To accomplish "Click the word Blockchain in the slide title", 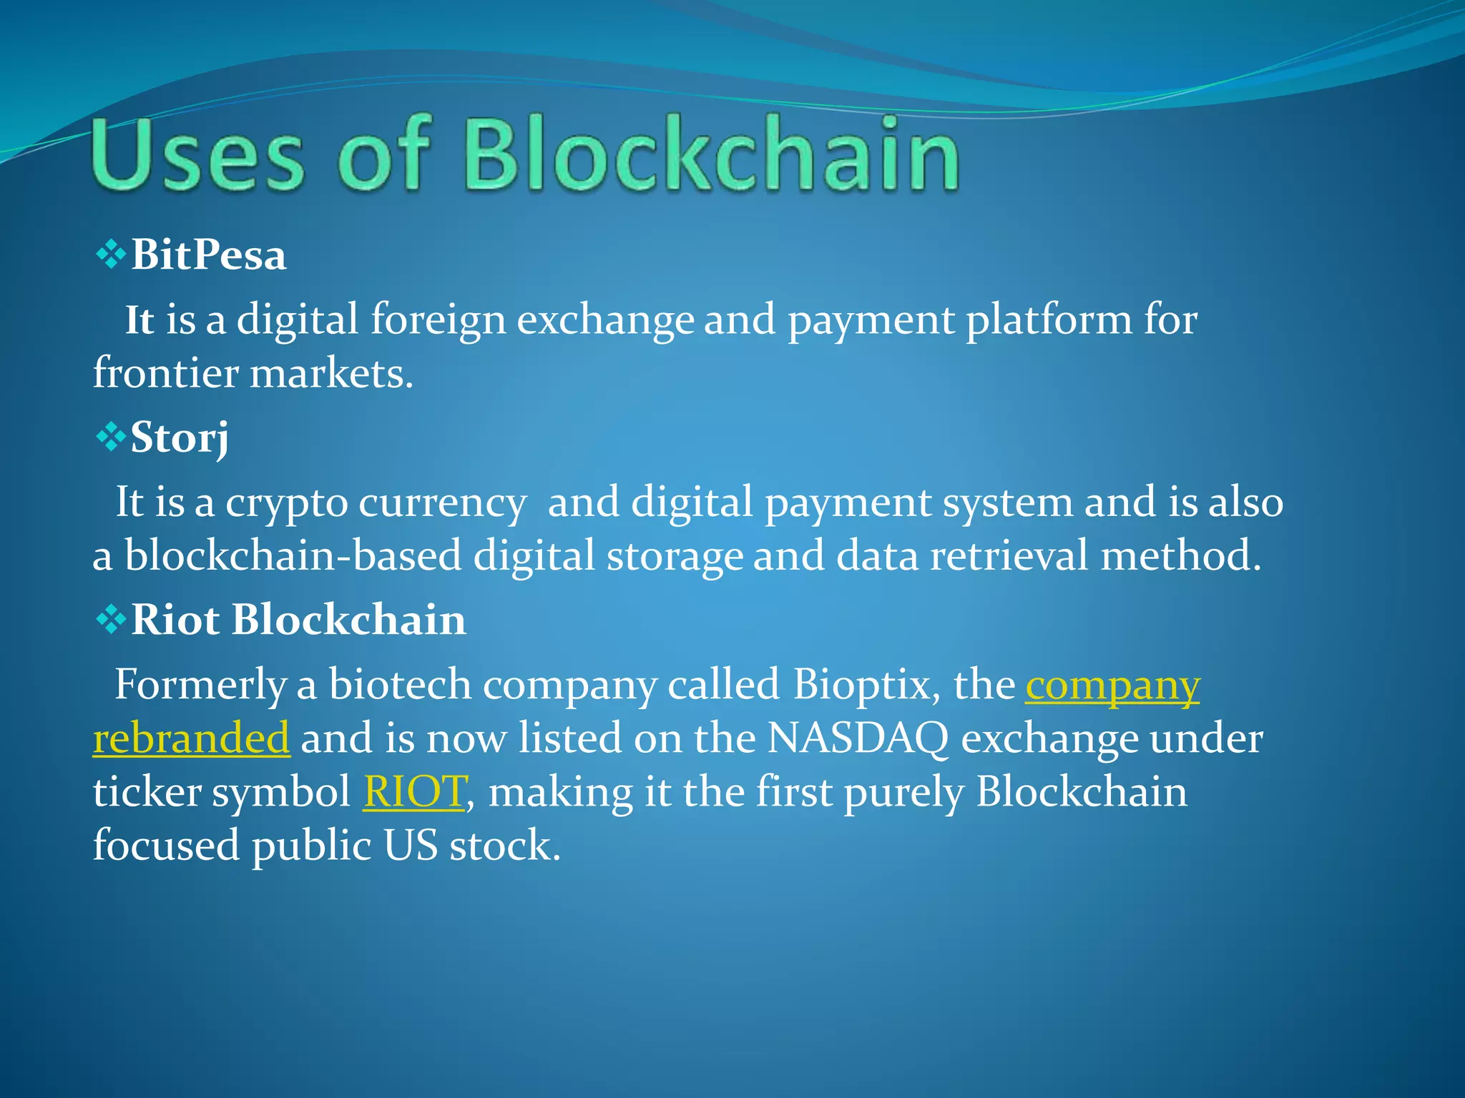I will click(x=712, y=155).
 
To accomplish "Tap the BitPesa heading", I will click(x=208, y=255).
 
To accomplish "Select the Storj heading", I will click(x=179, y=437).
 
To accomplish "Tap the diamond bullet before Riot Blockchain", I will click(x=110, y=619).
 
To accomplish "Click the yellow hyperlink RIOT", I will click(x=415, y=792).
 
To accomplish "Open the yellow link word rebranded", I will click(x=191, y=738).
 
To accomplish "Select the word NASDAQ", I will click(x=858, y=738).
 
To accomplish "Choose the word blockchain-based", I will click(x=293, y=556).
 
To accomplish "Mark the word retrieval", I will click(x=1009, y=556).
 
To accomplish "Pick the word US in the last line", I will click(x=410, y=846).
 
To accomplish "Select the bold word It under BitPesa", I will click(x=139, y=320).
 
